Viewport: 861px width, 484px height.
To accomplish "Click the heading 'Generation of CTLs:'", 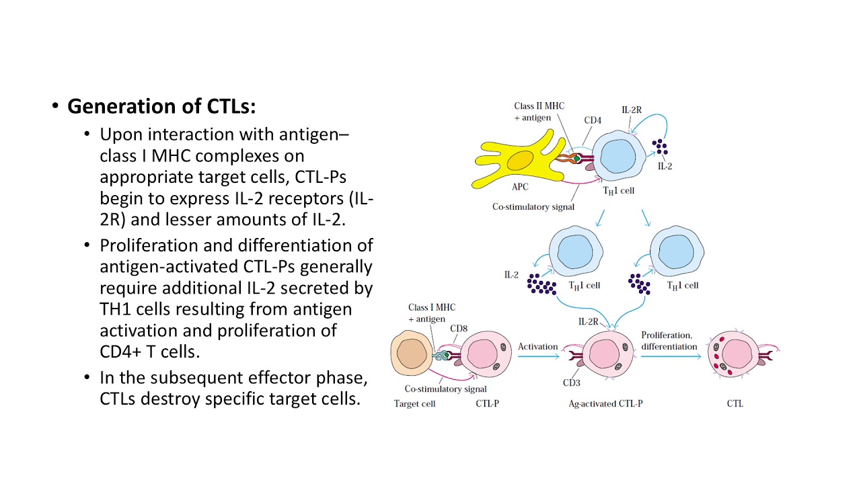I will (x=161, y=106).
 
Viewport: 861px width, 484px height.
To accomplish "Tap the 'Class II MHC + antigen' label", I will (x=539, y=112).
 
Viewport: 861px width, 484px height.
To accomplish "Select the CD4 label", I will (x=592, y=121).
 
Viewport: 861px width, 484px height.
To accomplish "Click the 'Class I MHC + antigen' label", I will (x=431, y=313).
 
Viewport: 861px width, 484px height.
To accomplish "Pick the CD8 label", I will (x=459, y=329).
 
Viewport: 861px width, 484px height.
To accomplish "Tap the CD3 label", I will (x=571, y=383).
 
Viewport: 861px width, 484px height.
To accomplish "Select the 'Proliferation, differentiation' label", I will (x=669, y=341).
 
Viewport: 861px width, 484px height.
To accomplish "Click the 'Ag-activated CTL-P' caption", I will (x=606, y=404).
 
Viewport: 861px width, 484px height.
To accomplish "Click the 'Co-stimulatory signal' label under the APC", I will (x=533, y=207).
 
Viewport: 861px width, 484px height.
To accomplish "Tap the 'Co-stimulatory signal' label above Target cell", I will (x=445, y=389).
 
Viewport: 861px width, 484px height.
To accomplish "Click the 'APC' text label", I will (x=520, y=188).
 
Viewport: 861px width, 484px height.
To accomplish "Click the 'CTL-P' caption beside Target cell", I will (x=487, y=404).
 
